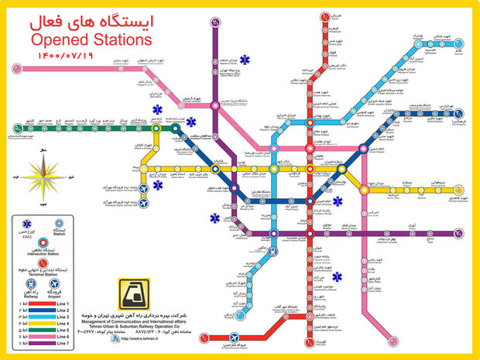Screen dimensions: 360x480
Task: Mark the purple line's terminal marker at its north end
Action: (x=214, y=22)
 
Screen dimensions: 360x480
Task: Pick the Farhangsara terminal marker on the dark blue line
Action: (x=464, y=118)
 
